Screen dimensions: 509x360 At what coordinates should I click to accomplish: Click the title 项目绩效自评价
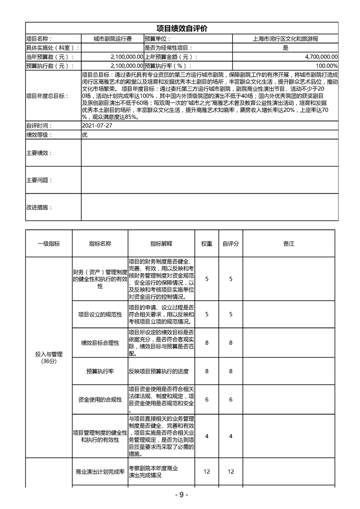point(182,28)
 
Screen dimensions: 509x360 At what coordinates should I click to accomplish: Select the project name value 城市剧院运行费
point(112,39)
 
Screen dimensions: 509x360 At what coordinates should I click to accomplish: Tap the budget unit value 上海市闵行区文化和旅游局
point(285,39)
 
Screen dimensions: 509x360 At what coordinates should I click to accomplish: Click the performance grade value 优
point(85,135)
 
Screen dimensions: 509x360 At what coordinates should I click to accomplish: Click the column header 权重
point(207,244)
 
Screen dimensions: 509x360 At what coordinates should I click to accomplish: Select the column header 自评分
point(231,244)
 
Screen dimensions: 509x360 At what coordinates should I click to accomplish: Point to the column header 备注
point(289,244)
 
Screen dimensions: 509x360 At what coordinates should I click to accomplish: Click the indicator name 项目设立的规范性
point(100,314)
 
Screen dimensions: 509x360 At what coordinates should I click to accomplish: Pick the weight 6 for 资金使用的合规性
point(207,399)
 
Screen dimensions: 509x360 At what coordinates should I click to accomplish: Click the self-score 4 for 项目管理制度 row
point(231,436)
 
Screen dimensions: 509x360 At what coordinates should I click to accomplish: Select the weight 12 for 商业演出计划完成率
point(207,472)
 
